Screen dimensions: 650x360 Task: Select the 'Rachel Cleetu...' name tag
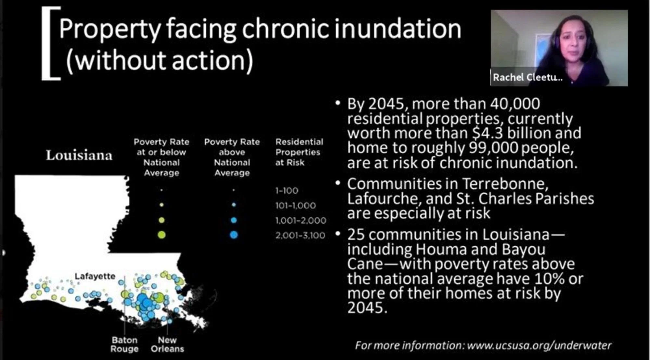pos(527,77)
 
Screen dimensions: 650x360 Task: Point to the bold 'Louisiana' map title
pos(79,155)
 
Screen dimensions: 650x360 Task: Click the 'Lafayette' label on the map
pos(95,276)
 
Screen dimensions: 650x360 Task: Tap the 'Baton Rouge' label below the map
pos(124,344)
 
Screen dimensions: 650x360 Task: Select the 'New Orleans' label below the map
pos(167,344)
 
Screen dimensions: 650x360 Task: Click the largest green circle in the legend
pos(162,235)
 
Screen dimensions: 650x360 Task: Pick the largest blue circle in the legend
pos(234,235)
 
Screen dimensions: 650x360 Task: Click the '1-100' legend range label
pos(287,190)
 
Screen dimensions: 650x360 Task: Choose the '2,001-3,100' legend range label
pos(300,235)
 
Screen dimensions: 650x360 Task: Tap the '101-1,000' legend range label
pos(295,205)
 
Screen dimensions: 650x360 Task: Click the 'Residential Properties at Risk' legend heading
pos(299,152)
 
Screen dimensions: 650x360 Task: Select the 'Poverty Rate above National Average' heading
pos(232,157)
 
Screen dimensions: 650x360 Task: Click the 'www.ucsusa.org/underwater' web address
pos(539,345)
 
